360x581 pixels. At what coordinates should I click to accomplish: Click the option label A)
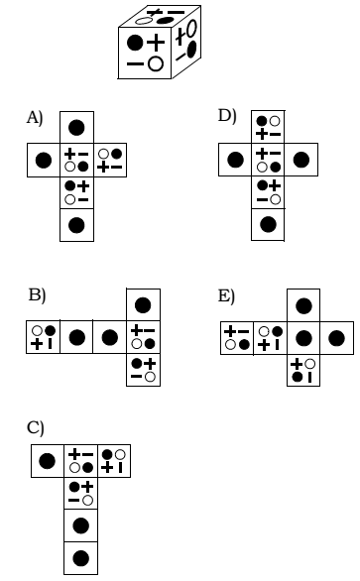(x=35, y=119)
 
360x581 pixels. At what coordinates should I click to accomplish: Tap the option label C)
(x=36, y=427)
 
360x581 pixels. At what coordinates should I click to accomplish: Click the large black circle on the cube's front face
(x=135, y=43)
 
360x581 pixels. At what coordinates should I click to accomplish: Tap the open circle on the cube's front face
(x=155, y=64)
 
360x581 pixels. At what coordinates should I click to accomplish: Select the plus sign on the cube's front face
(x=156, y=42)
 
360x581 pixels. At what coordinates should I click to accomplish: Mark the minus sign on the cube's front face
(x=134, y=64)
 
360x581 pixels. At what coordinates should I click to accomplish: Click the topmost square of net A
(x=76, y=127)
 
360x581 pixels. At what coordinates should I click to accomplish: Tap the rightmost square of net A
(x=110, y=160)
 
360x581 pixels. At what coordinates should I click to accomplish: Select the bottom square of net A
(x=76, y=225)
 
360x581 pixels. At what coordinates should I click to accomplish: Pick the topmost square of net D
(x=268, y=127)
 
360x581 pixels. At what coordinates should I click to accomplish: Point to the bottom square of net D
(x=268, y=224)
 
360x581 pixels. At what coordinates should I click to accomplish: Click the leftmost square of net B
(x=43, y=337)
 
